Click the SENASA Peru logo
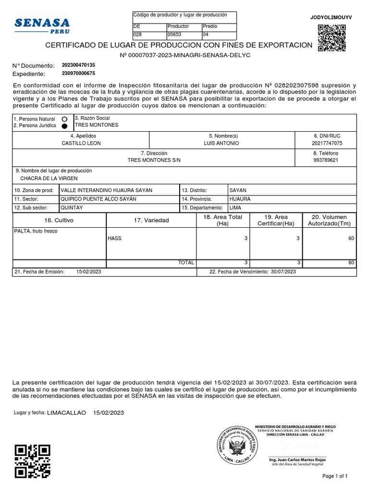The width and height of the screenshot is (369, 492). pos(42,25)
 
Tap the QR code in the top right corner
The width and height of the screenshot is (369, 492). pos(332,37)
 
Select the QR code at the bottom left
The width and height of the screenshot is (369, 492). pos(32,461)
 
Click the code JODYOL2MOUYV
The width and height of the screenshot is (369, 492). pos(332,17)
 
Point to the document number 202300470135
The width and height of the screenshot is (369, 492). pos(78,65)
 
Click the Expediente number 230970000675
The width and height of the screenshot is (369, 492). pos(78,74)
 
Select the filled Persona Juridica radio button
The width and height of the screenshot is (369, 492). pos(64,126)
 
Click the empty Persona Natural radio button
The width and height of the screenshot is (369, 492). pos(64,119)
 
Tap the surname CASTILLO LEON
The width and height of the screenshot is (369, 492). pos(81,143)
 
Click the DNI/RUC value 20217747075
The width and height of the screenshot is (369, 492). pos(327,143)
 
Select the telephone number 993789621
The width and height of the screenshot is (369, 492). pos(326,160)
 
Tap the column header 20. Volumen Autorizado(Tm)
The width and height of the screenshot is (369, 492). pos(329,220)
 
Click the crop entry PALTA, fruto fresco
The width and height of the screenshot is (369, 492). pos(36,232)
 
